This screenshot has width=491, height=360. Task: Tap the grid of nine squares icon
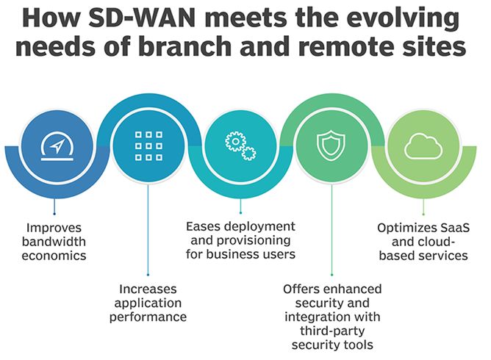148,145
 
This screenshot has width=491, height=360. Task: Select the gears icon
240,145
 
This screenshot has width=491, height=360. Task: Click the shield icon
331,145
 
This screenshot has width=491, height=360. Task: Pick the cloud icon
423,145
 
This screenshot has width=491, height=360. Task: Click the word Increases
148,289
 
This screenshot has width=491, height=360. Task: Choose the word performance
148,317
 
